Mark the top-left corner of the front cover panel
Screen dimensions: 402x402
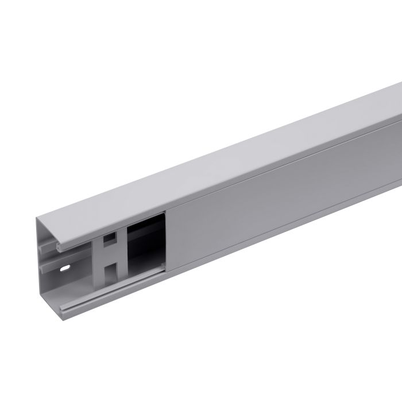[167, 211]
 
